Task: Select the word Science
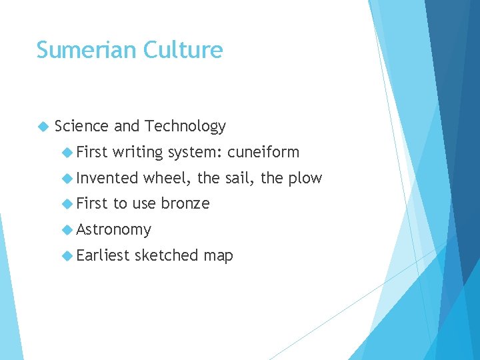[x=82, y=126]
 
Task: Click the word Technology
[x=185, y=126]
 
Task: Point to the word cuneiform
[x=263, y=152]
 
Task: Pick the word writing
[x=138, y=153]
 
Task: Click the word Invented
[x=107, y=178]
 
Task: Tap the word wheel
[x=166, y=178]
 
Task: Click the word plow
[x=307, y=179]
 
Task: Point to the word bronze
[x=185, y=203]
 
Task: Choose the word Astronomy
[x=114, y=230]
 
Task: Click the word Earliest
[x=103, y=255]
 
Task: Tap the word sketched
[x=167, y=255]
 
